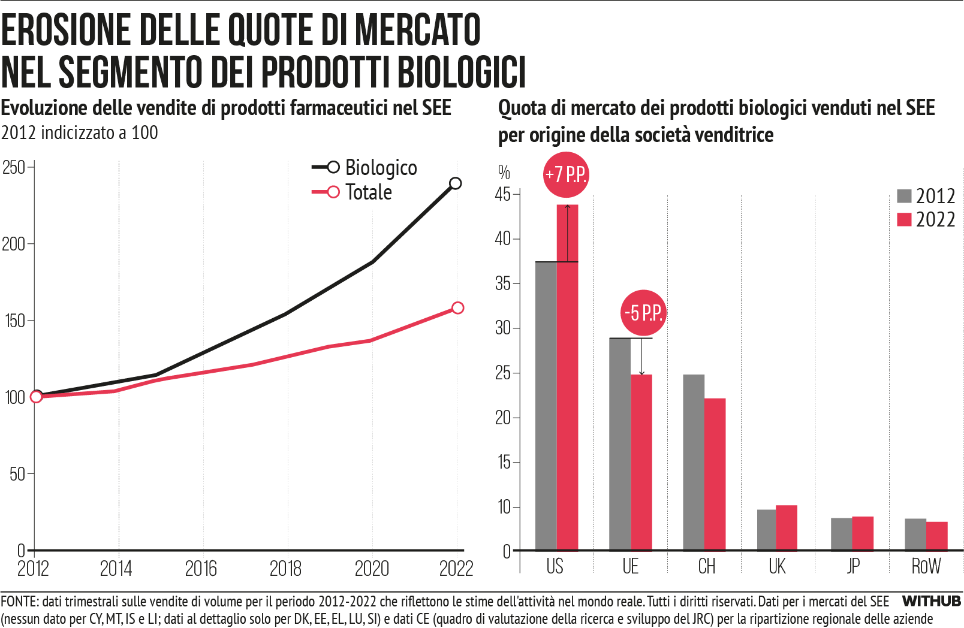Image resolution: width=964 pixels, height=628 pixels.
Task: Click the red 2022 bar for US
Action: pos(567,378)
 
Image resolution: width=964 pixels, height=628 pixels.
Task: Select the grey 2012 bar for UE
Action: pos(619,444)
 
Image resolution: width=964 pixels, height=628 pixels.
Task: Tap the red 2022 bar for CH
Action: pos(715,474)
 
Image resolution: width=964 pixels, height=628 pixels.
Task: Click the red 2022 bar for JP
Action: pos(863,533)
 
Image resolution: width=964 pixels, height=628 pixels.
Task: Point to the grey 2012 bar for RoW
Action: pos(915,535)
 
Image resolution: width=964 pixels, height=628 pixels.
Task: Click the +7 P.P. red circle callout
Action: pos(566,174)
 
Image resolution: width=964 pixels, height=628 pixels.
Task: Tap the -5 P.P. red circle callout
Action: pos(643,313)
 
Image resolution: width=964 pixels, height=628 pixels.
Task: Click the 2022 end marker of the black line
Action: pos(456,183)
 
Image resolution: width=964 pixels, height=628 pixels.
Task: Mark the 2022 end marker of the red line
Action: pos(457,308)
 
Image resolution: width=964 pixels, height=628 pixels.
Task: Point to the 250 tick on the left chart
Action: pos(14,167)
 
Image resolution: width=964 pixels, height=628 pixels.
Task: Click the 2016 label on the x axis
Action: pos(201,569)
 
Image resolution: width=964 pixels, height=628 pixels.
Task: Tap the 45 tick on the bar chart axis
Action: pos(502,194)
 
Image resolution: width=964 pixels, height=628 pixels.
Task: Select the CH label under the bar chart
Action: pos(706,566)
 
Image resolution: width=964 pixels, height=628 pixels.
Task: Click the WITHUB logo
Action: pos(931,601)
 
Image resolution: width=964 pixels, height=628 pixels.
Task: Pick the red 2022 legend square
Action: pos(904,220)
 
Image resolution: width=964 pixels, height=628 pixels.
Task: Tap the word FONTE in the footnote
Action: pos(19,602)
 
